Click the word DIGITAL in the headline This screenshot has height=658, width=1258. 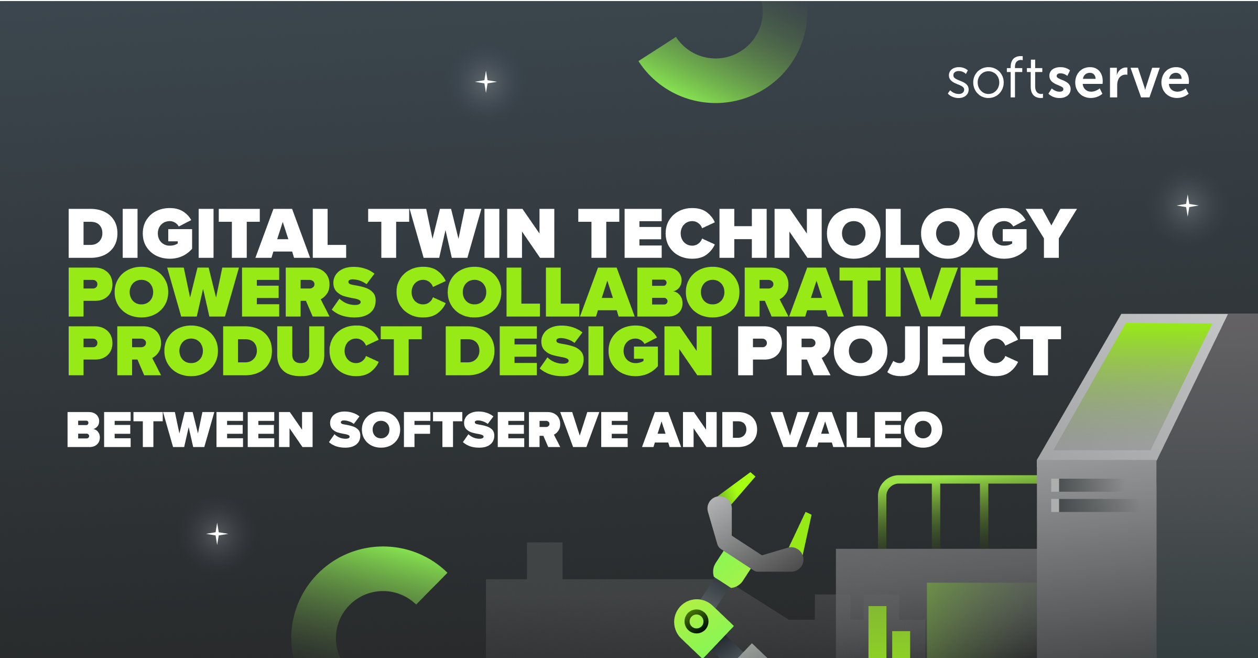click(207, 233)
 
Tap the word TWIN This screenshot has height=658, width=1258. click(461, 233)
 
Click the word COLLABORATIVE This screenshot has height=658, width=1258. click(697, 292)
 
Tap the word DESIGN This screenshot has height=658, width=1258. click(579, 350)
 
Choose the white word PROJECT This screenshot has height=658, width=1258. click(899, 350)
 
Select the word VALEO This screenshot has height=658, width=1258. click(856, 429)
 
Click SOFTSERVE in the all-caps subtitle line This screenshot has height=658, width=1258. click(478, 429)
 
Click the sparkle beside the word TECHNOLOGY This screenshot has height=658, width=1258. click(1187, 205)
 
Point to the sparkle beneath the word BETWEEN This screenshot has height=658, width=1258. click(217, 534)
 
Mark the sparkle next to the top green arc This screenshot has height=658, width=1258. click(486, 82)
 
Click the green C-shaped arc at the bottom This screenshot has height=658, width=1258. click(335, 592)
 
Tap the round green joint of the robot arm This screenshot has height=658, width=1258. click(697, 622)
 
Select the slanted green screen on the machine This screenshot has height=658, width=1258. click(1132, 385)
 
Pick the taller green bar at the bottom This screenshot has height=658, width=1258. click(877, 632)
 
